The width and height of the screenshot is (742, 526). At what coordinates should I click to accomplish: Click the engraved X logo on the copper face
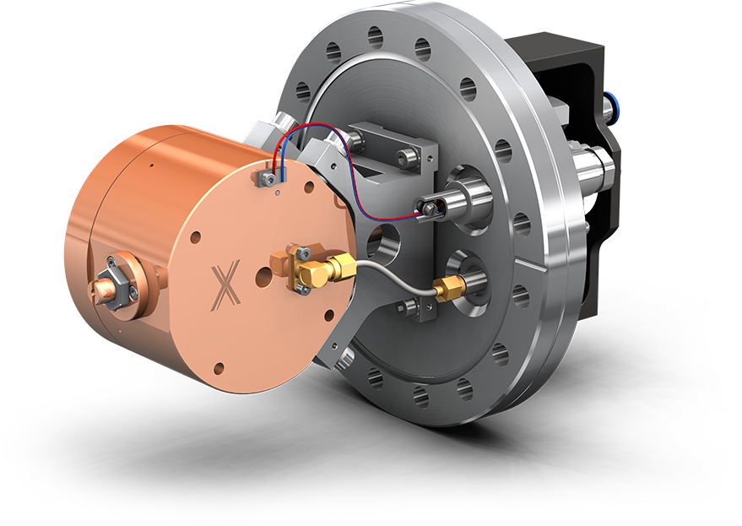[225, 284]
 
